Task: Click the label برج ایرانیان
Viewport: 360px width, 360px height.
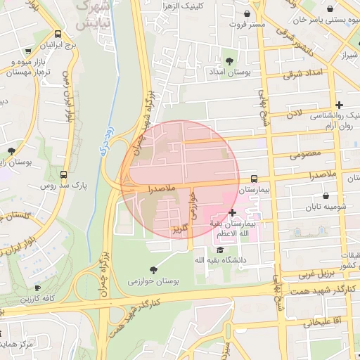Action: (56, 45)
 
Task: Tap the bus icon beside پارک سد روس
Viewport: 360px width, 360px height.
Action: (64, 174)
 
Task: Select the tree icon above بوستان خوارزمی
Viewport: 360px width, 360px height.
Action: (154, 269)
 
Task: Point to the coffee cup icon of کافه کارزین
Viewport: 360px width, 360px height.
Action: (38, 288)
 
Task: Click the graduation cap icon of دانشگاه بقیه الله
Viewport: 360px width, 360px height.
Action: (220, 250)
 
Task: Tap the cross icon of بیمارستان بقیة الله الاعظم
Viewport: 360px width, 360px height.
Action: (233, 212)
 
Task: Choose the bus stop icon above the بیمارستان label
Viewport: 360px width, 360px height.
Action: (254, 179)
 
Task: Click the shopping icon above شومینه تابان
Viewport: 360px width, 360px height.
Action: (326, 195)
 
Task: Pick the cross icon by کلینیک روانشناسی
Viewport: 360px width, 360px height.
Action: (340, 105)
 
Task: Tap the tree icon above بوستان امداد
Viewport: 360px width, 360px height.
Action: (230, 60)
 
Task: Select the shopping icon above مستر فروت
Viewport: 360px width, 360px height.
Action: (247, 13)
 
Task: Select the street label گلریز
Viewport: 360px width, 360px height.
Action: (180, 228)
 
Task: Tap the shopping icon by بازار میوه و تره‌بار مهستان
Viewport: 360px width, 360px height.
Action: (27, 52)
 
